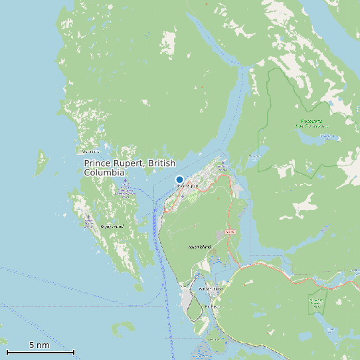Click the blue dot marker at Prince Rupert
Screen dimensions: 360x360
click(179, 179)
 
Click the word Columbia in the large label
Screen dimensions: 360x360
click(104, 173)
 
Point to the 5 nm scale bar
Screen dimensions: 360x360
click(40, 351)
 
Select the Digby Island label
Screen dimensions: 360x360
click(112, 226)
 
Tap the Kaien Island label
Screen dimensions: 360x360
click(199, 246)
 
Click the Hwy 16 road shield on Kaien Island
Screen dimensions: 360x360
click(230, 232)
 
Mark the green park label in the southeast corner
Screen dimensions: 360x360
click(317, 303)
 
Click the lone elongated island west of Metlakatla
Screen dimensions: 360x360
click(43, 159)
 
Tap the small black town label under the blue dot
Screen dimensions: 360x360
click(187, 187)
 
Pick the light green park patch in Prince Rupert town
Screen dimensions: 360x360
click(191, 198)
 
